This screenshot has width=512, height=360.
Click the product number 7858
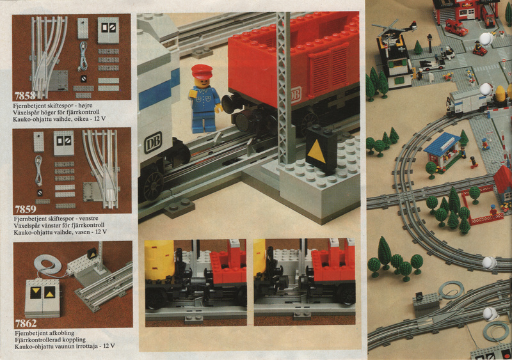point(25,96)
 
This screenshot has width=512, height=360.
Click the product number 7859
point(26,209)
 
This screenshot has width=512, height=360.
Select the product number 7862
point(26,324)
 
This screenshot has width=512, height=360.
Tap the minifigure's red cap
point(202,71)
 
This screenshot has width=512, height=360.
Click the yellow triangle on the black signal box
point(316,152)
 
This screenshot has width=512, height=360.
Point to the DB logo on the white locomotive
point(153,143)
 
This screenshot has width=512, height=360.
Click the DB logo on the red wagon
point(296,95)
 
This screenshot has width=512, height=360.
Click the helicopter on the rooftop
point(394,28)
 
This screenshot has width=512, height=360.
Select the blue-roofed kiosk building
point(442,150)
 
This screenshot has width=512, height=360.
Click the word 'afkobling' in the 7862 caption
point(61,333)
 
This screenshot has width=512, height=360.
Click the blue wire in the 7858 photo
point(84,56)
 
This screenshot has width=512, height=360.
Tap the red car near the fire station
point(456,27)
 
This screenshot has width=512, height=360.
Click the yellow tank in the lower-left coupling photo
point(159,260)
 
